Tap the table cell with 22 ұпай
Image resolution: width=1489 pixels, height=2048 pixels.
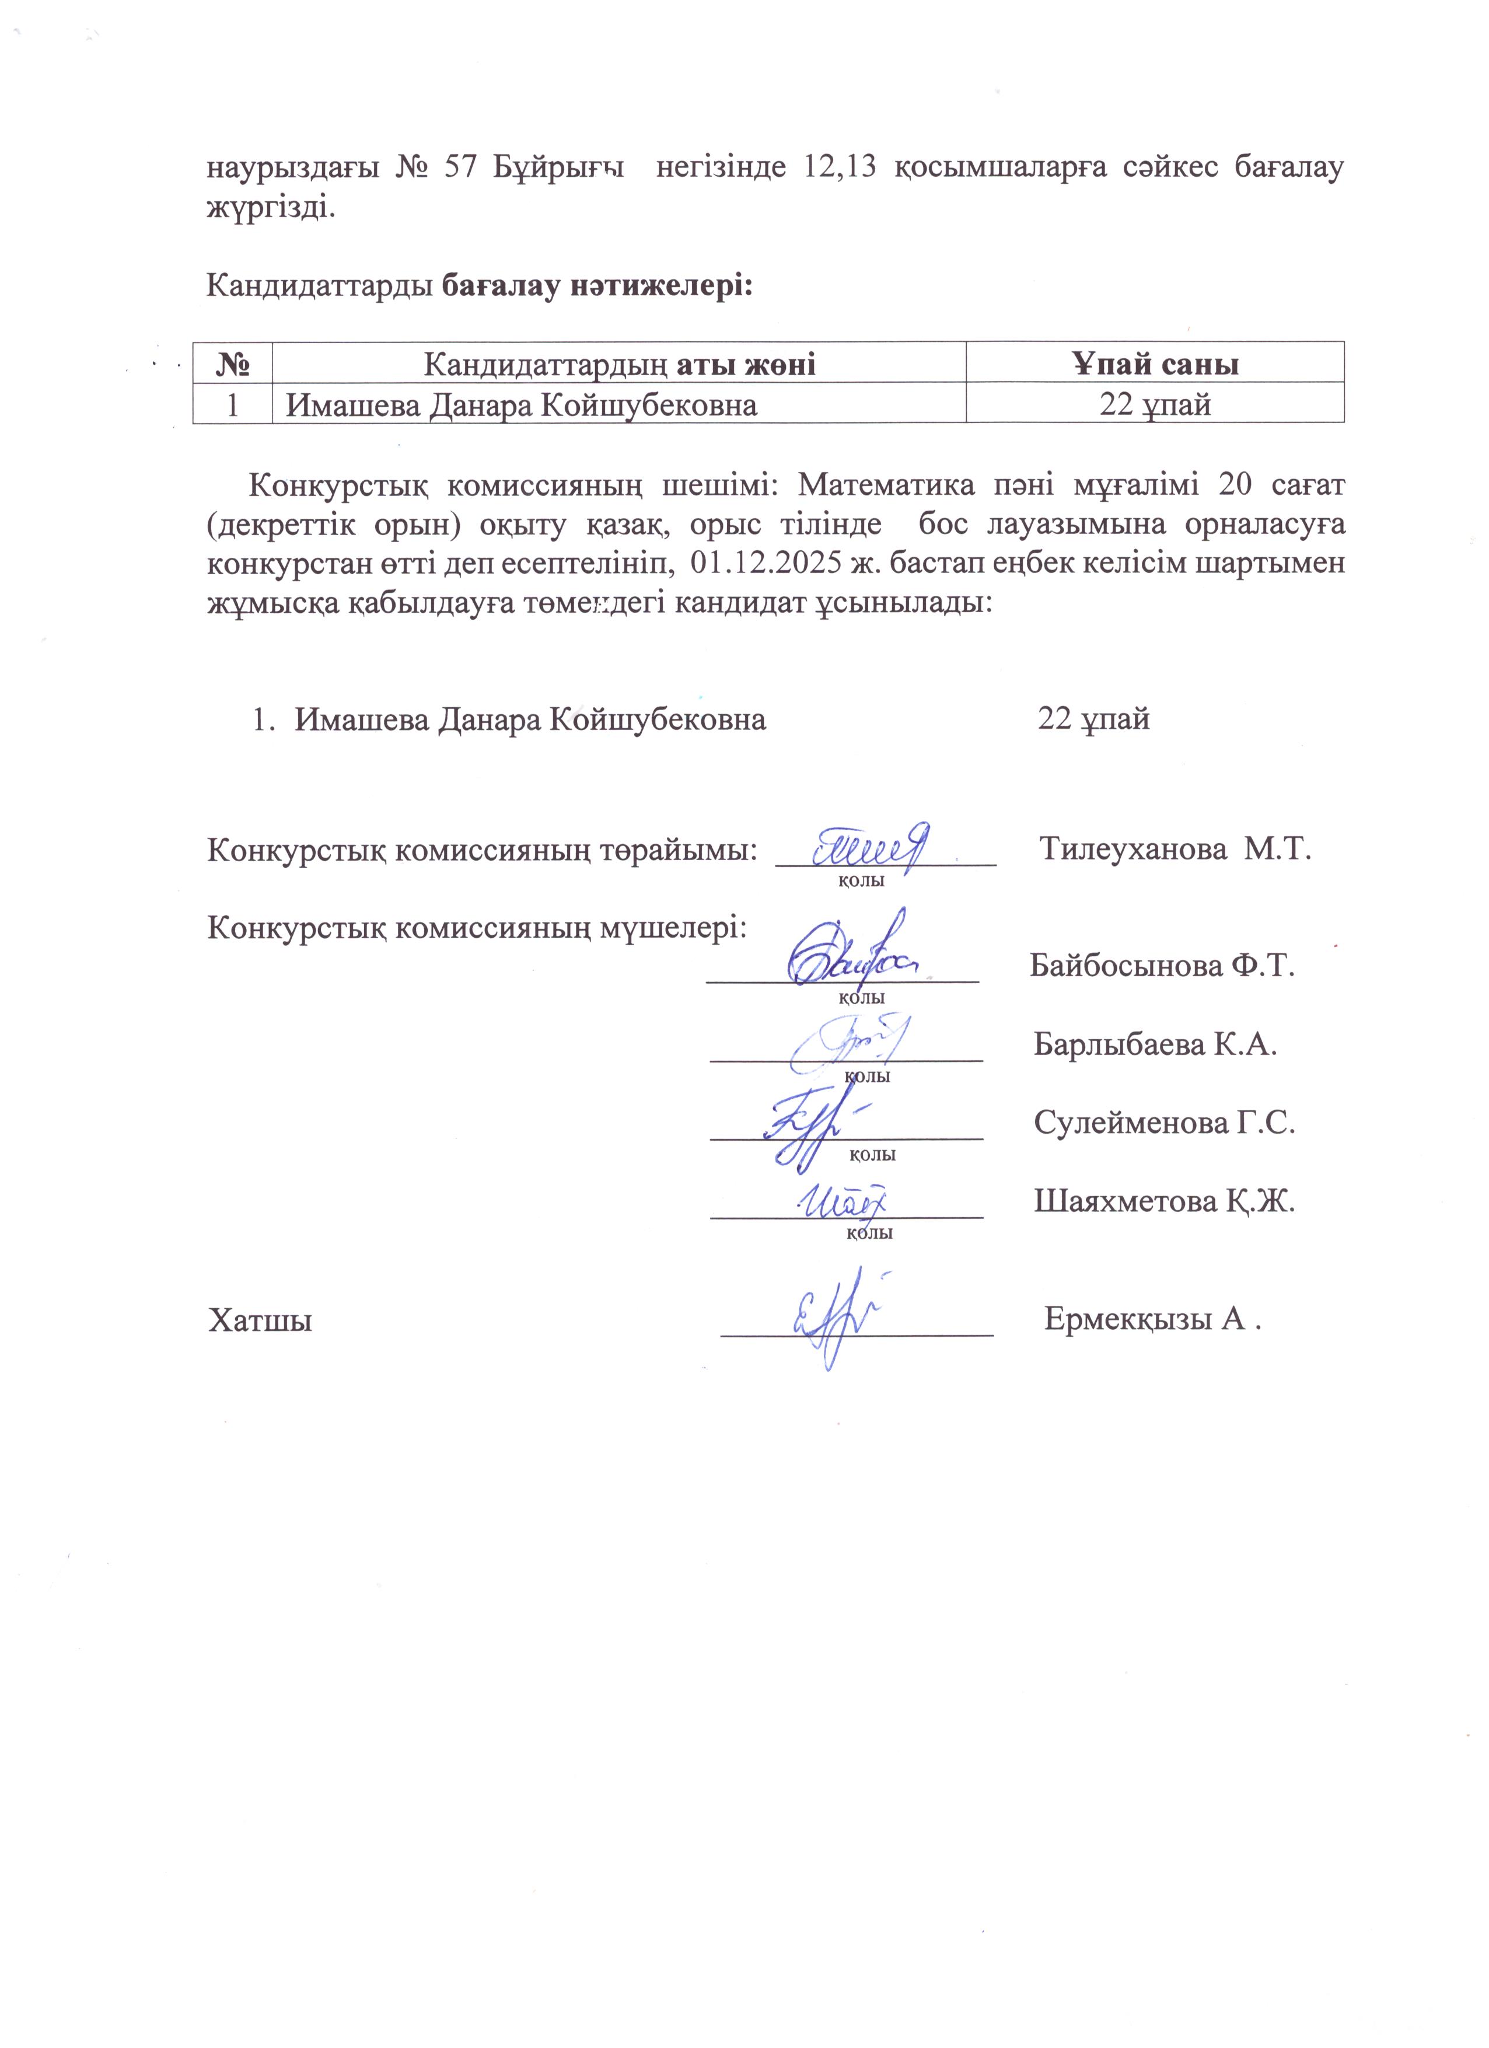tap(1155, 404)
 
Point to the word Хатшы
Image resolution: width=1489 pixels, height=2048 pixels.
tap(261, 1321)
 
